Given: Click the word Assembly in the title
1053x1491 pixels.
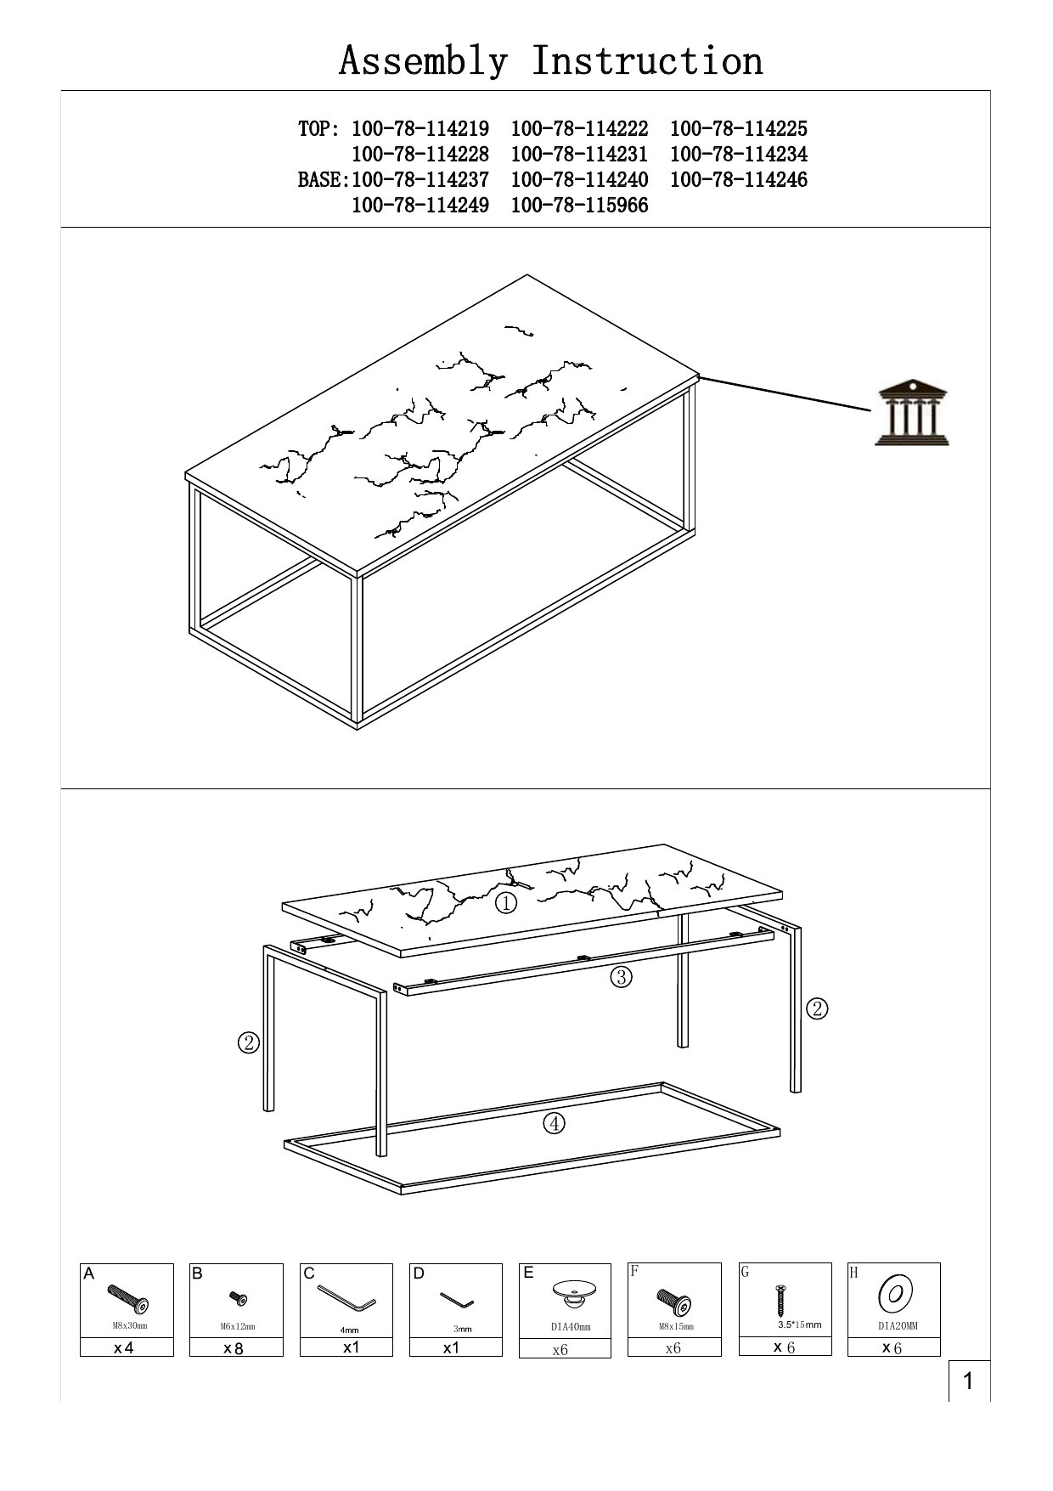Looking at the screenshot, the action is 424,61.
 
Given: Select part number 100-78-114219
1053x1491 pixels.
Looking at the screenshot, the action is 420,129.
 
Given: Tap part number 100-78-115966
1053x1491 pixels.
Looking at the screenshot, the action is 580,206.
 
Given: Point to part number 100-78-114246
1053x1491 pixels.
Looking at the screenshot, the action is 739,180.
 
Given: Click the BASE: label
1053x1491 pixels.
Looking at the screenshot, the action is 324,180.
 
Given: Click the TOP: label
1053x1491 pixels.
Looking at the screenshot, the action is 319,129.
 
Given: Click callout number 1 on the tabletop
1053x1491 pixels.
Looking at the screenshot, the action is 506,903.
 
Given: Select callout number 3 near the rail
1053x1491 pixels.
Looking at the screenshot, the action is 621,977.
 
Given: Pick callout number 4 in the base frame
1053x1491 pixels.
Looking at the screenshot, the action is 554,1123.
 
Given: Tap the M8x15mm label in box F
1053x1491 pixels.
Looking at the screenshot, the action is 675,1326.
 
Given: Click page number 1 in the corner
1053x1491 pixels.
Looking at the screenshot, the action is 967,1382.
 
